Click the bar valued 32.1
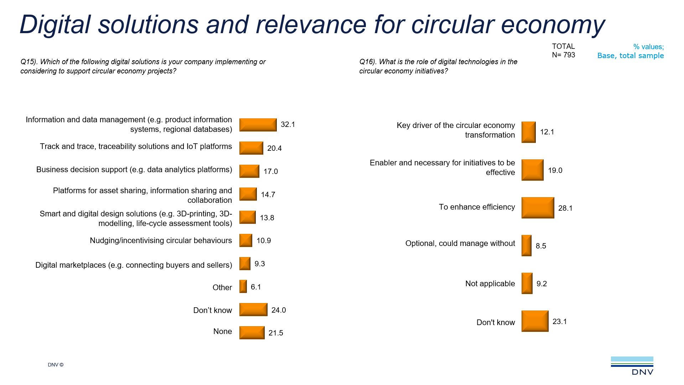258,125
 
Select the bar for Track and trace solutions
251,148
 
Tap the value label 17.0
270,171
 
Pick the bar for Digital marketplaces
245,264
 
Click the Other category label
222,287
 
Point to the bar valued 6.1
243,287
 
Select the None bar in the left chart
252,333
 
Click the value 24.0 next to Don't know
278,310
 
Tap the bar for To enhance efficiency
538,208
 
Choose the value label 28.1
565,208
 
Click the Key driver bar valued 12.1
528,132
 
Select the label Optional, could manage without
460,243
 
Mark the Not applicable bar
527,283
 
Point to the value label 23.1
559,322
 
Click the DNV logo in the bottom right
632,366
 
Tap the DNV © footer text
56,365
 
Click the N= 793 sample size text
563,55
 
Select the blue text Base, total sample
630,56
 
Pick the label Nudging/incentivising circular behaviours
161,241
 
